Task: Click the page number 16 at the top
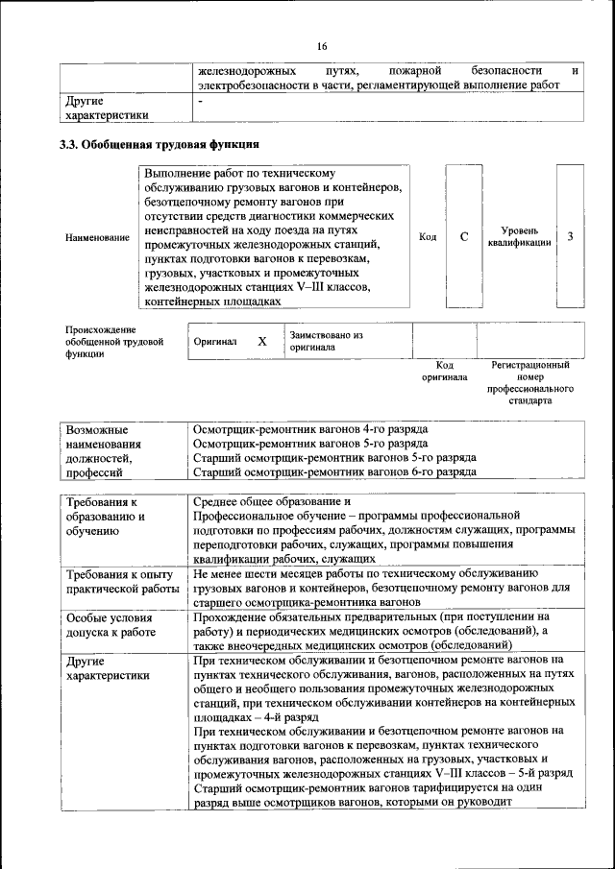tap(322, 47)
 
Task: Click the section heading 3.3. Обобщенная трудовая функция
tap(158, 146)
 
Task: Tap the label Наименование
tap(97, 237)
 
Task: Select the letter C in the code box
tap(463, 236)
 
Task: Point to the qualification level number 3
tap(571, 236)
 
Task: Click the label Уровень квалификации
tap(519, 236)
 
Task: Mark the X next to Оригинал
tap(261, 341)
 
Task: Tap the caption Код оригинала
tap(444, 371)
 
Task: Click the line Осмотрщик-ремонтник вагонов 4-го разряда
tap(309, 428)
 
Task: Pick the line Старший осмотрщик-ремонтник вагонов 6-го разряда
tap(334, 471)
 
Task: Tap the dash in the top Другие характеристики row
tap(200, 100)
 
